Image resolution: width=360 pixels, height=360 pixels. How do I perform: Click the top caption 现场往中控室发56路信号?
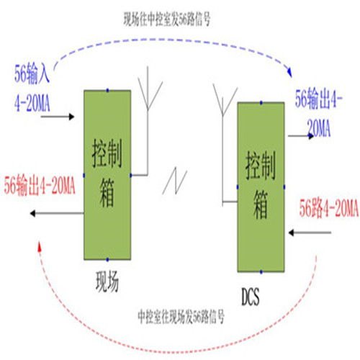point(167,19)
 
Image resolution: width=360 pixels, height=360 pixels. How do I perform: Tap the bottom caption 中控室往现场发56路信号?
point(181,316)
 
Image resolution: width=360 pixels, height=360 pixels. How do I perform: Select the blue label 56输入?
point(32,73)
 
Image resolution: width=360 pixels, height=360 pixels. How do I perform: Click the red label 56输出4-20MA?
point(40,186)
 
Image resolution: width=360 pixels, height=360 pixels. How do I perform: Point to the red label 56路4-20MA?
point(329,208)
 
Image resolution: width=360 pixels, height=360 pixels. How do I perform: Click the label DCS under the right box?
point(251,297)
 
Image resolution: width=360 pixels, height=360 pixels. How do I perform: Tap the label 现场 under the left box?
point(107,282)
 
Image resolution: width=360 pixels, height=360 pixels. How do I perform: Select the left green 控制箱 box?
point(107,175)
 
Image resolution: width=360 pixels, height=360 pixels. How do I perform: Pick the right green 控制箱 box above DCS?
point(261,187)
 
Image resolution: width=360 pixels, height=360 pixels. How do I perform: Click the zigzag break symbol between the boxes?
point(175,181)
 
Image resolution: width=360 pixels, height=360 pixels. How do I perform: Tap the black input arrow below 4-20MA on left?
point(58,117)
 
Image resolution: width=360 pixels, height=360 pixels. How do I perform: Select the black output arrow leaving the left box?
point(57,213)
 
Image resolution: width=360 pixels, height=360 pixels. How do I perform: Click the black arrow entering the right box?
point(310,233)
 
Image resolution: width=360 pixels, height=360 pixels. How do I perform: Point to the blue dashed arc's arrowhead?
point(289,72)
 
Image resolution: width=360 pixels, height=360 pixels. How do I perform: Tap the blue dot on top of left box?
point(107,90)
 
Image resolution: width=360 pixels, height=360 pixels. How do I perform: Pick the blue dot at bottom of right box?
point(261,272)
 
